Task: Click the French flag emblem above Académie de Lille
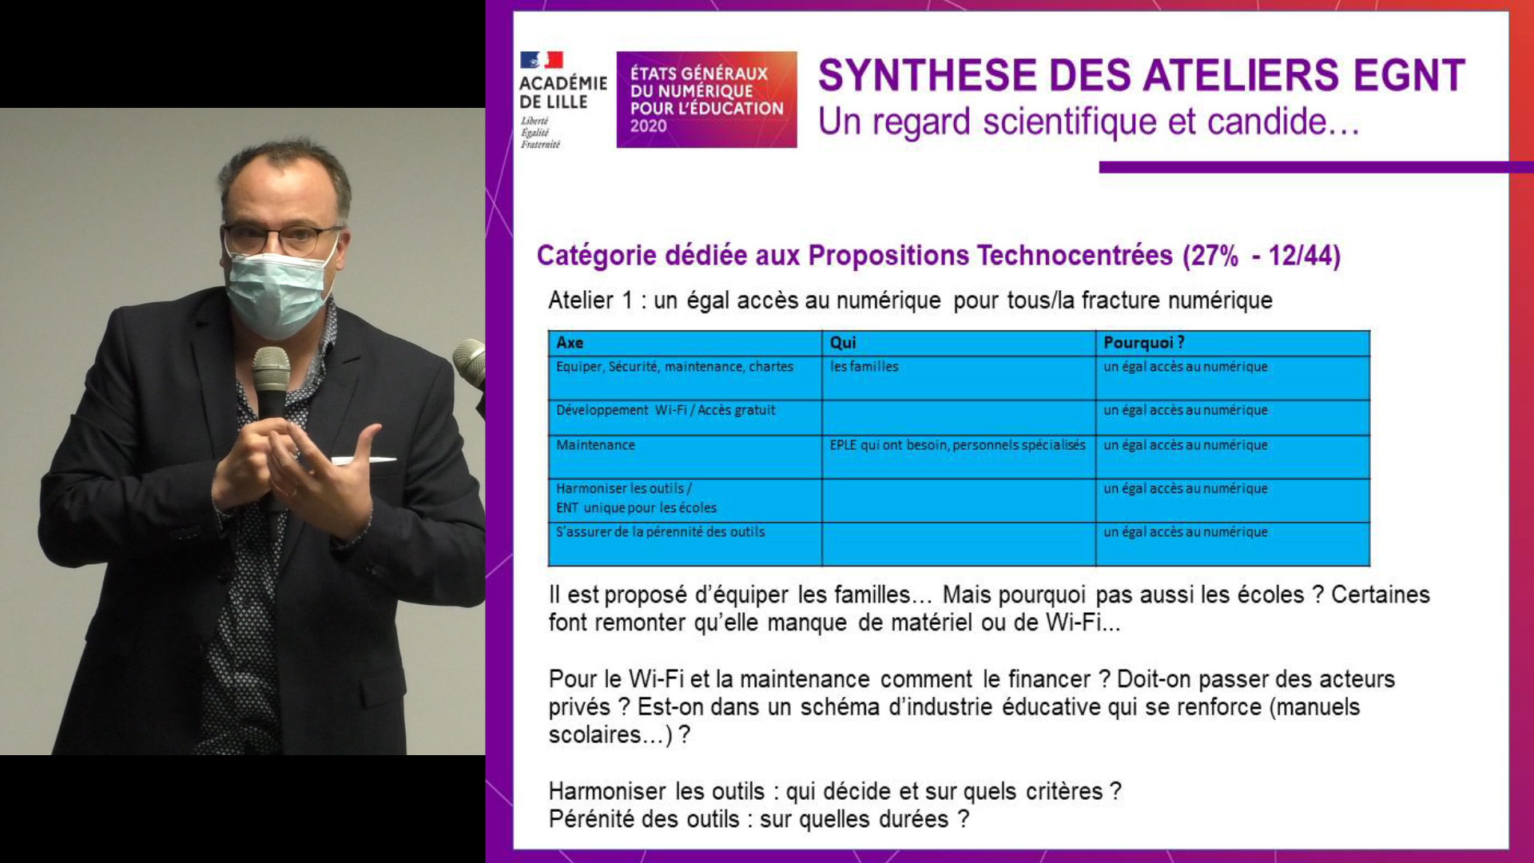click(542, 60)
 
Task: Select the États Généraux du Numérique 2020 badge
click(706, 99)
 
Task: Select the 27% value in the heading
click(1215, 256)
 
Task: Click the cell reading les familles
click(958, 378)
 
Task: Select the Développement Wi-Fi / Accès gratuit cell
click(684, 418)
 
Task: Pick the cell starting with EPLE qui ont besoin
click(958, 457)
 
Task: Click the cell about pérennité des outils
click(684, 544)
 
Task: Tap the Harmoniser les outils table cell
click(684, 500)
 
